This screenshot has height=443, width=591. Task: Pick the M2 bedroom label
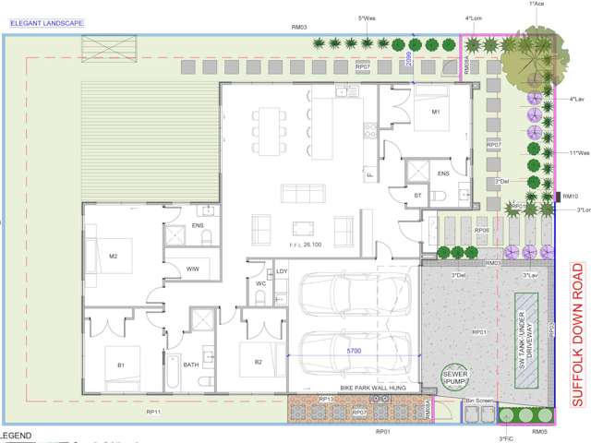coord(114,257)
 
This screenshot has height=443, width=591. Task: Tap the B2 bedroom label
coord(259,347)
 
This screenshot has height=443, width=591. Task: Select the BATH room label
coord(191,365)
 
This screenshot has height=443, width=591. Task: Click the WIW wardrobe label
coord(193,268)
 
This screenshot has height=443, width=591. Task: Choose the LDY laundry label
coord(283,271)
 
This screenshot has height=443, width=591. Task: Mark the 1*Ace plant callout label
coord(537,5)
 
